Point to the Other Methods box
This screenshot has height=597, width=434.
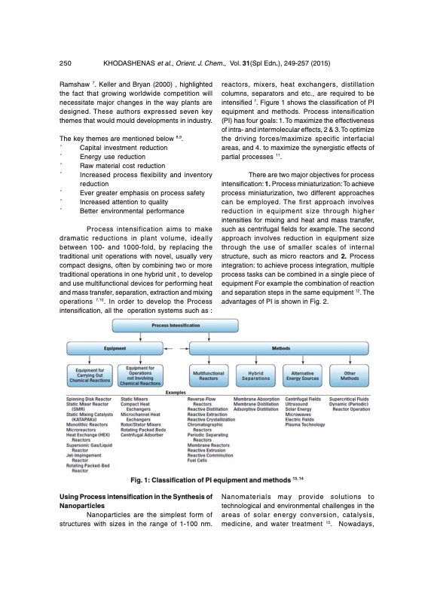(349, 375)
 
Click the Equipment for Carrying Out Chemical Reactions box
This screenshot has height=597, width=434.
(89, 375)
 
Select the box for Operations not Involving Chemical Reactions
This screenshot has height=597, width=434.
(141, 375)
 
